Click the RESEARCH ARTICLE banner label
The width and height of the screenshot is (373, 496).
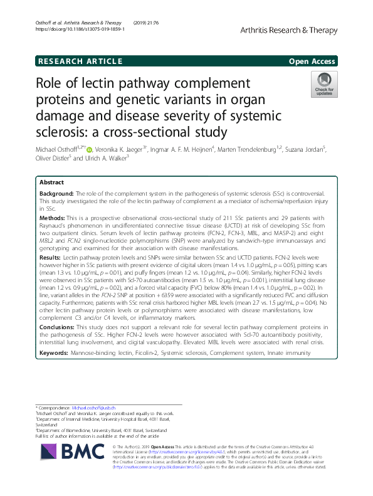80,61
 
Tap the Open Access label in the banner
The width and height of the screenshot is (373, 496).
313,61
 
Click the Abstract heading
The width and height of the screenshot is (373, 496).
52,182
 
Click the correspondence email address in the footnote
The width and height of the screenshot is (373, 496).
98,409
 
